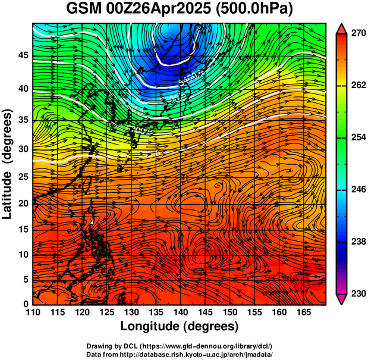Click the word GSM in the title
pos(83,10)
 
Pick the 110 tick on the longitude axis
pos(33,313)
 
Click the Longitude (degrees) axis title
pos(179,326)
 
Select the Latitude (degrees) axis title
pos(8,164)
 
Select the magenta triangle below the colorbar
pos(342,300)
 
